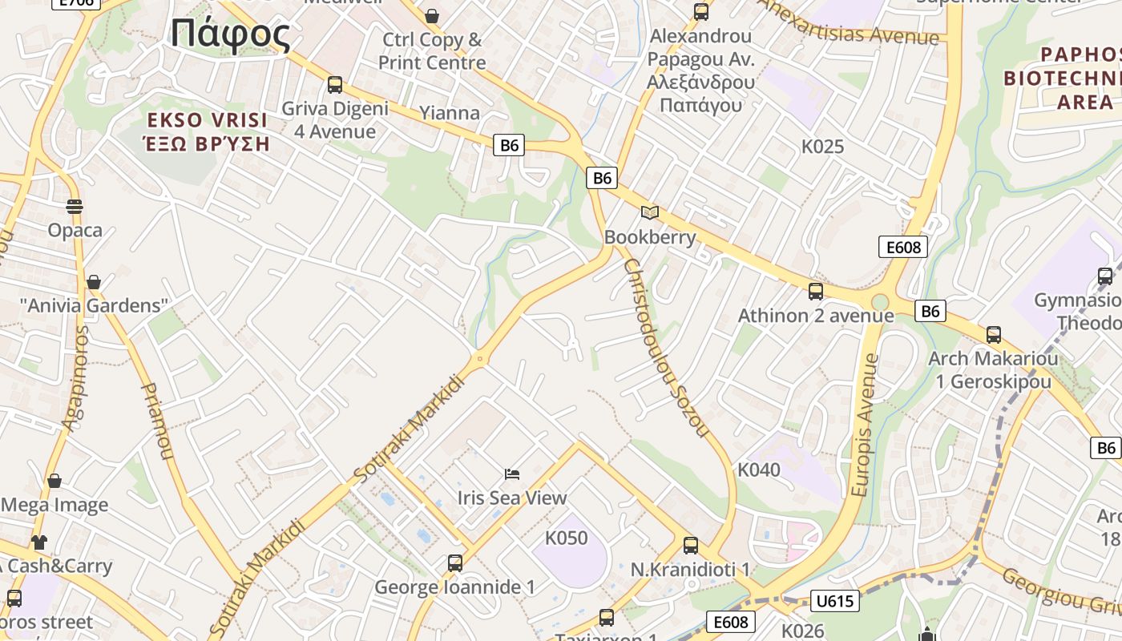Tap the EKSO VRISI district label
click(207, 121)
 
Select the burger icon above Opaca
click(75, 207)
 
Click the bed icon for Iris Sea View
click(512, 474)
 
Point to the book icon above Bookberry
click(650, 212)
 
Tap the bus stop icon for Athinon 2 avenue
click(816, 291)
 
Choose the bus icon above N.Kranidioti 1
click(691, 546)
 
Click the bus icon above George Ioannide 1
click(455, 563)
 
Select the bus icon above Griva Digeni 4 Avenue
click(335, 84)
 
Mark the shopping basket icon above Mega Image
click(54, 481)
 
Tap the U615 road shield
click(835, 600)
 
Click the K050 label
click(566, 538)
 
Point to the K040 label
click(758, 470)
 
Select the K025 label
click(823, 147)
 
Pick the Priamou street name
click(157, 421)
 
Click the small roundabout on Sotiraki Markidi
click(480, 359)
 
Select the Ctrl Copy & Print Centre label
click(432, 50)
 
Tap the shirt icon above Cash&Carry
click(39, 542)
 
